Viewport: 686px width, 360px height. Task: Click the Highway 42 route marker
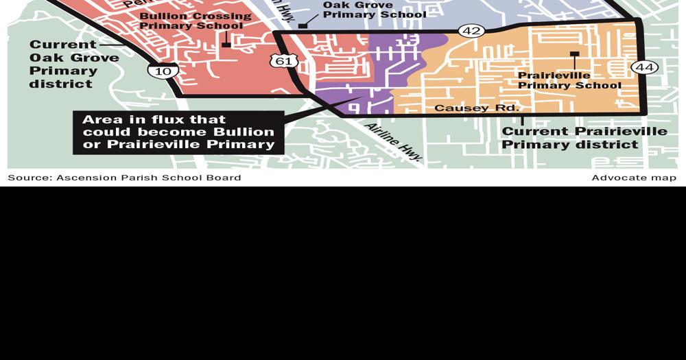click(471, 30)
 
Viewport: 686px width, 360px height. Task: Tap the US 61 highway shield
click(283, 61)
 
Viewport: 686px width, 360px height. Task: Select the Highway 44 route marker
click(644, 67)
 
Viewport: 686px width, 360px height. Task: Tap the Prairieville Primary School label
click(569, 80)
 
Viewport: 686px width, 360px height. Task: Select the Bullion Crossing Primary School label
click(194, 21)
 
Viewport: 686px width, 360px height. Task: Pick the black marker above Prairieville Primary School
click(574, 53)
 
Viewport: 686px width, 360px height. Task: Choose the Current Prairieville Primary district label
click(584, 138)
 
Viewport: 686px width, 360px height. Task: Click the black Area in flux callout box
click(178, 132)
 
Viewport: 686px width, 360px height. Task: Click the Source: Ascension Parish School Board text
click(124, 178)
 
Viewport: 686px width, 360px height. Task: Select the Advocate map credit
click(634, 178)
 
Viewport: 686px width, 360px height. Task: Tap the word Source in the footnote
click(29, 178)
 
